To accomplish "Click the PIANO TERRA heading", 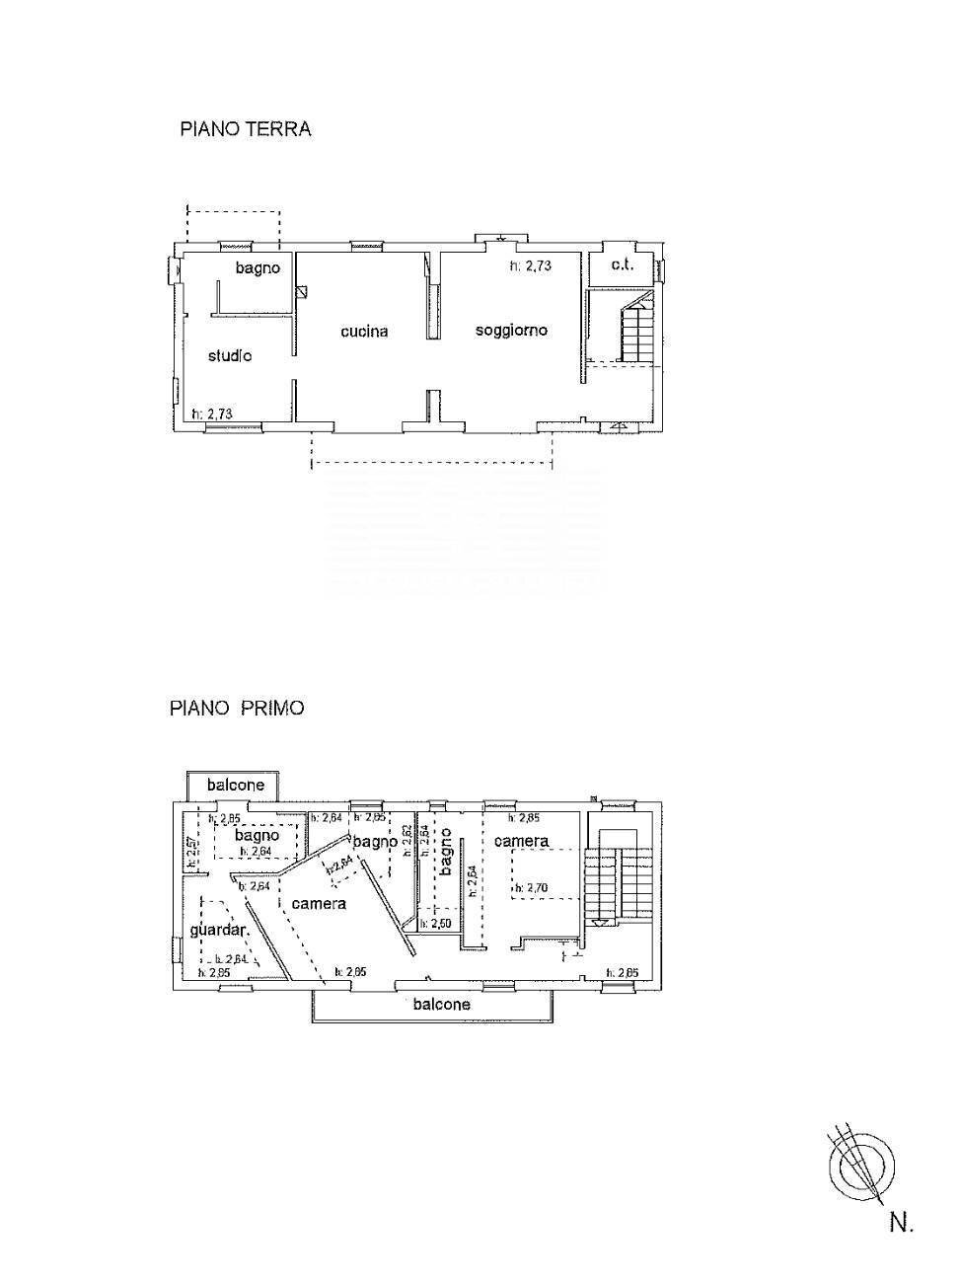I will tap(245, 129).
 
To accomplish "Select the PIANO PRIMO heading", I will tap(237, 708).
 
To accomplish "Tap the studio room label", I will tap(229, 355).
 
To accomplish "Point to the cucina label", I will tap(364, 332).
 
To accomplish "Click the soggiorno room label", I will tap(511, 330).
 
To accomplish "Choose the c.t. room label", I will tap(621, 266).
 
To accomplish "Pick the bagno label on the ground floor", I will tap(257, 268).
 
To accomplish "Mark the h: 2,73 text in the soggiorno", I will tap(530, 265).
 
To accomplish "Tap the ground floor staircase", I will tap(636, 331).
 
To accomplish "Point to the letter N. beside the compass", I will tap(901, 1223).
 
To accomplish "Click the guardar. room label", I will tap(218, 931).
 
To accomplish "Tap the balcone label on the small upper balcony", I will tap(235, 785).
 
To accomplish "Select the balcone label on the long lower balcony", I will tap(441, 1004).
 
